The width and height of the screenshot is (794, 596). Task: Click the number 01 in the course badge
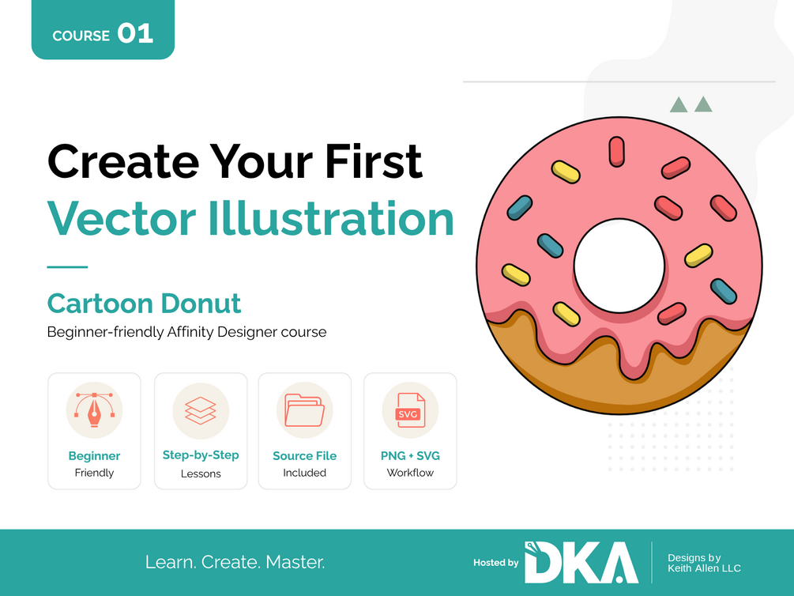click(x=135, y=34)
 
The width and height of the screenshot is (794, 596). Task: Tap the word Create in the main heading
click(x=123, y=161)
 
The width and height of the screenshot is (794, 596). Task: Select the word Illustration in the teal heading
click(x=331, y=218)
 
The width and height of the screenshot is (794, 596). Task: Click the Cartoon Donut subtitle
click(x=144, y=303)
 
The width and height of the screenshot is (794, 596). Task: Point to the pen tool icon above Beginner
click(x=94, y=409)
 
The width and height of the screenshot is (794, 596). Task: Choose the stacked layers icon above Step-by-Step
click(x=201, y=410)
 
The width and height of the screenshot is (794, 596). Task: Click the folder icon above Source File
click(x=304, y=410)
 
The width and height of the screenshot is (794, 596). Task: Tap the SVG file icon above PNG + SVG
click(x=410, y=410)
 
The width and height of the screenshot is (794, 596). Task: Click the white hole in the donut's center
click(x=619, y=266)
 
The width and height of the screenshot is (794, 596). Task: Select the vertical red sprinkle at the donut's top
click(x=616, y=151)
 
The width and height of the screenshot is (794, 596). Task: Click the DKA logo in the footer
click(x=581, y=562)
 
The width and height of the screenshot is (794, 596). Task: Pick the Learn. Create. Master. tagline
click(x=235, y=562)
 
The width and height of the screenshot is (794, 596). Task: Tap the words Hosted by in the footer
click(x=495, y=563)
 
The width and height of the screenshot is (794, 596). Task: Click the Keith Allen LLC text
click(x=704, y=568)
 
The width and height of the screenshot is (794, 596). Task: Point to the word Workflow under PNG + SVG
click(x=410, y=473)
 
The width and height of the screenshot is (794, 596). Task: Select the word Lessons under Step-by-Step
click(x=201, y=473)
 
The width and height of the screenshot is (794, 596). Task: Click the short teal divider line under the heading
click(x=67, y=266)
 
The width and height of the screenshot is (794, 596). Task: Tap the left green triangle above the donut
click(x=679, y=106)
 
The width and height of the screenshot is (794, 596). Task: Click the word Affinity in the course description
click(x=190, y=332)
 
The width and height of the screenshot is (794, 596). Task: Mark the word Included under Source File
click(x=304, y=473)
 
